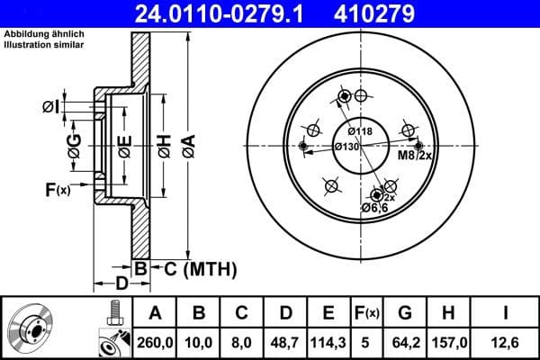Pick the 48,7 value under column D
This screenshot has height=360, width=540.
click(285, 341)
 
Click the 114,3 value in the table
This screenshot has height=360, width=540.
click(328, 341)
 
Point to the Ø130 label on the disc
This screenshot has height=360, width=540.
click(347, 147)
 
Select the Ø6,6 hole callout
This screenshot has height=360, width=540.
click(373, 208)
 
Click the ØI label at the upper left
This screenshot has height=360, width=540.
click(50, 107)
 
